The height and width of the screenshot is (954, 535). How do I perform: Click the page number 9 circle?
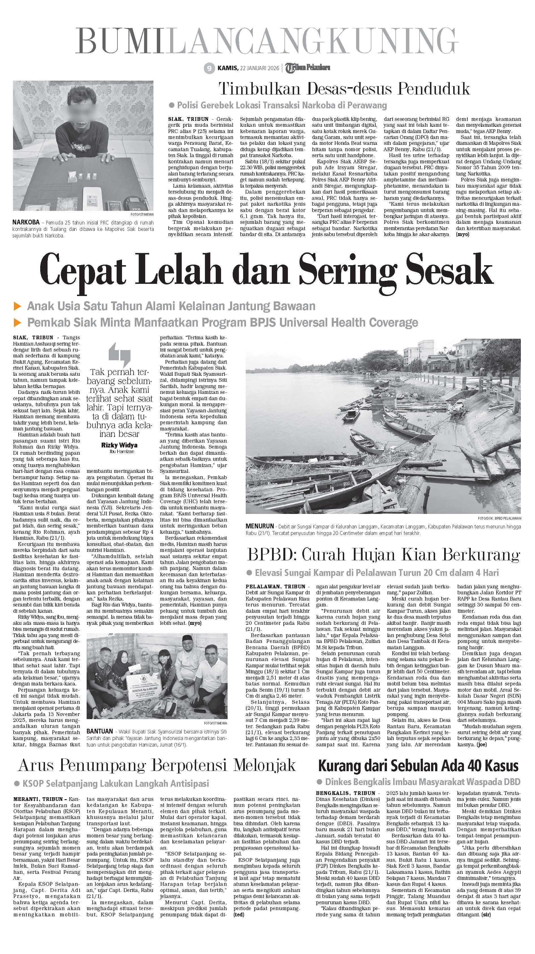click(209, 68)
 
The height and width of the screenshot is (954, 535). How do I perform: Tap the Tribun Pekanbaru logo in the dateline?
click(307, 67)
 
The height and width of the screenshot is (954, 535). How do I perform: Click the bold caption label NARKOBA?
click(26, 222)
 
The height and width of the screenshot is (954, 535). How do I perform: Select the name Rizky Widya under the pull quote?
click(119, 445)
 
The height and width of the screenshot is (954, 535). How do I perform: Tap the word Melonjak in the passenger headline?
click(265, 765)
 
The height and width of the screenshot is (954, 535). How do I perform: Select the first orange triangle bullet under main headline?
click(17, 306)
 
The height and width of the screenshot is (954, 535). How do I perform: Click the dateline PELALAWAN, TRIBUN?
click(275, 587)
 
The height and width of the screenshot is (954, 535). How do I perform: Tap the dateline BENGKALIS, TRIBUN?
click(345, 793)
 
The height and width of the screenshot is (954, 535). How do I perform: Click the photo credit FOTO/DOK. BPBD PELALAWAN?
click(501, 518)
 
